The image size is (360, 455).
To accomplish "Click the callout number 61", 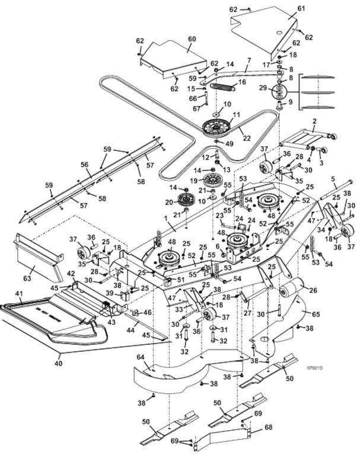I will pos(301,8).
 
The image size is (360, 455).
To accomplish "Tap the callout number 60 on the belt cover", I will pos(192,39).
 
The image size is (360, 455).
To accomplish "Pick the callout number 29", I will pos(263,87).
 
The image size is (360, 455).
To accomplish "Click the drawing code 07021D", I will pos(314,367).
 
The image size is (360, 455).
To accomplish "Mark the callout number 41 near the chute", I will pos(19,294).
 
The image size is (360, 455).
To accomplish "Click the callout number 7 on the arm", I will pos(249,60).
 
